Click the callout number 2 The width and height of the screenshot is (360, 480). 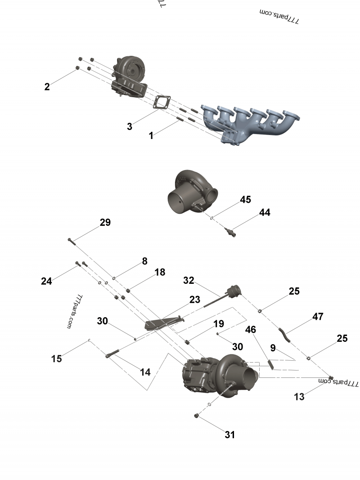click(x=47, y=87)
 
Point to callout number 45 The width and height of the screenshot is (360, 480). click(x=245, y=200)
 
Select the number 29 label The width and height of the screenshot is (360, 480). click(x=105, y=223)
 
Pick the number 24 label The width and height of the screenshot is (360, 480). click(x=46, y=281)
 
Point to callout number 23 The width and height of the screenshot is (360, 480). click(x=194, y=300)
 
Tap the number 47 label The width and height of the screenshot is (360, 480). click(x=318, y=317)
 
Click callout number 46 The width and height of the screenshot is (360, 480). click(x=251, y=330)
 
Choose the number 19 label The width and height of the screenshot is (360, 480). click(x=218, y=324)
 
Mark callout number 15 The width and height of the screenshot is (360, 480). click(x=56, y=359)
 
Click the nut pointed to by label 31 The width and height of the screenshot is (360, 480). click(x=197, y=415)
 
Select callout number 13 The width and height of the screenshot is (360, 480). click(x=299, y=396)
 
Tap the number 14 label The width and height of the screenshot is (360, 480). click(x=145, y=372)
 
